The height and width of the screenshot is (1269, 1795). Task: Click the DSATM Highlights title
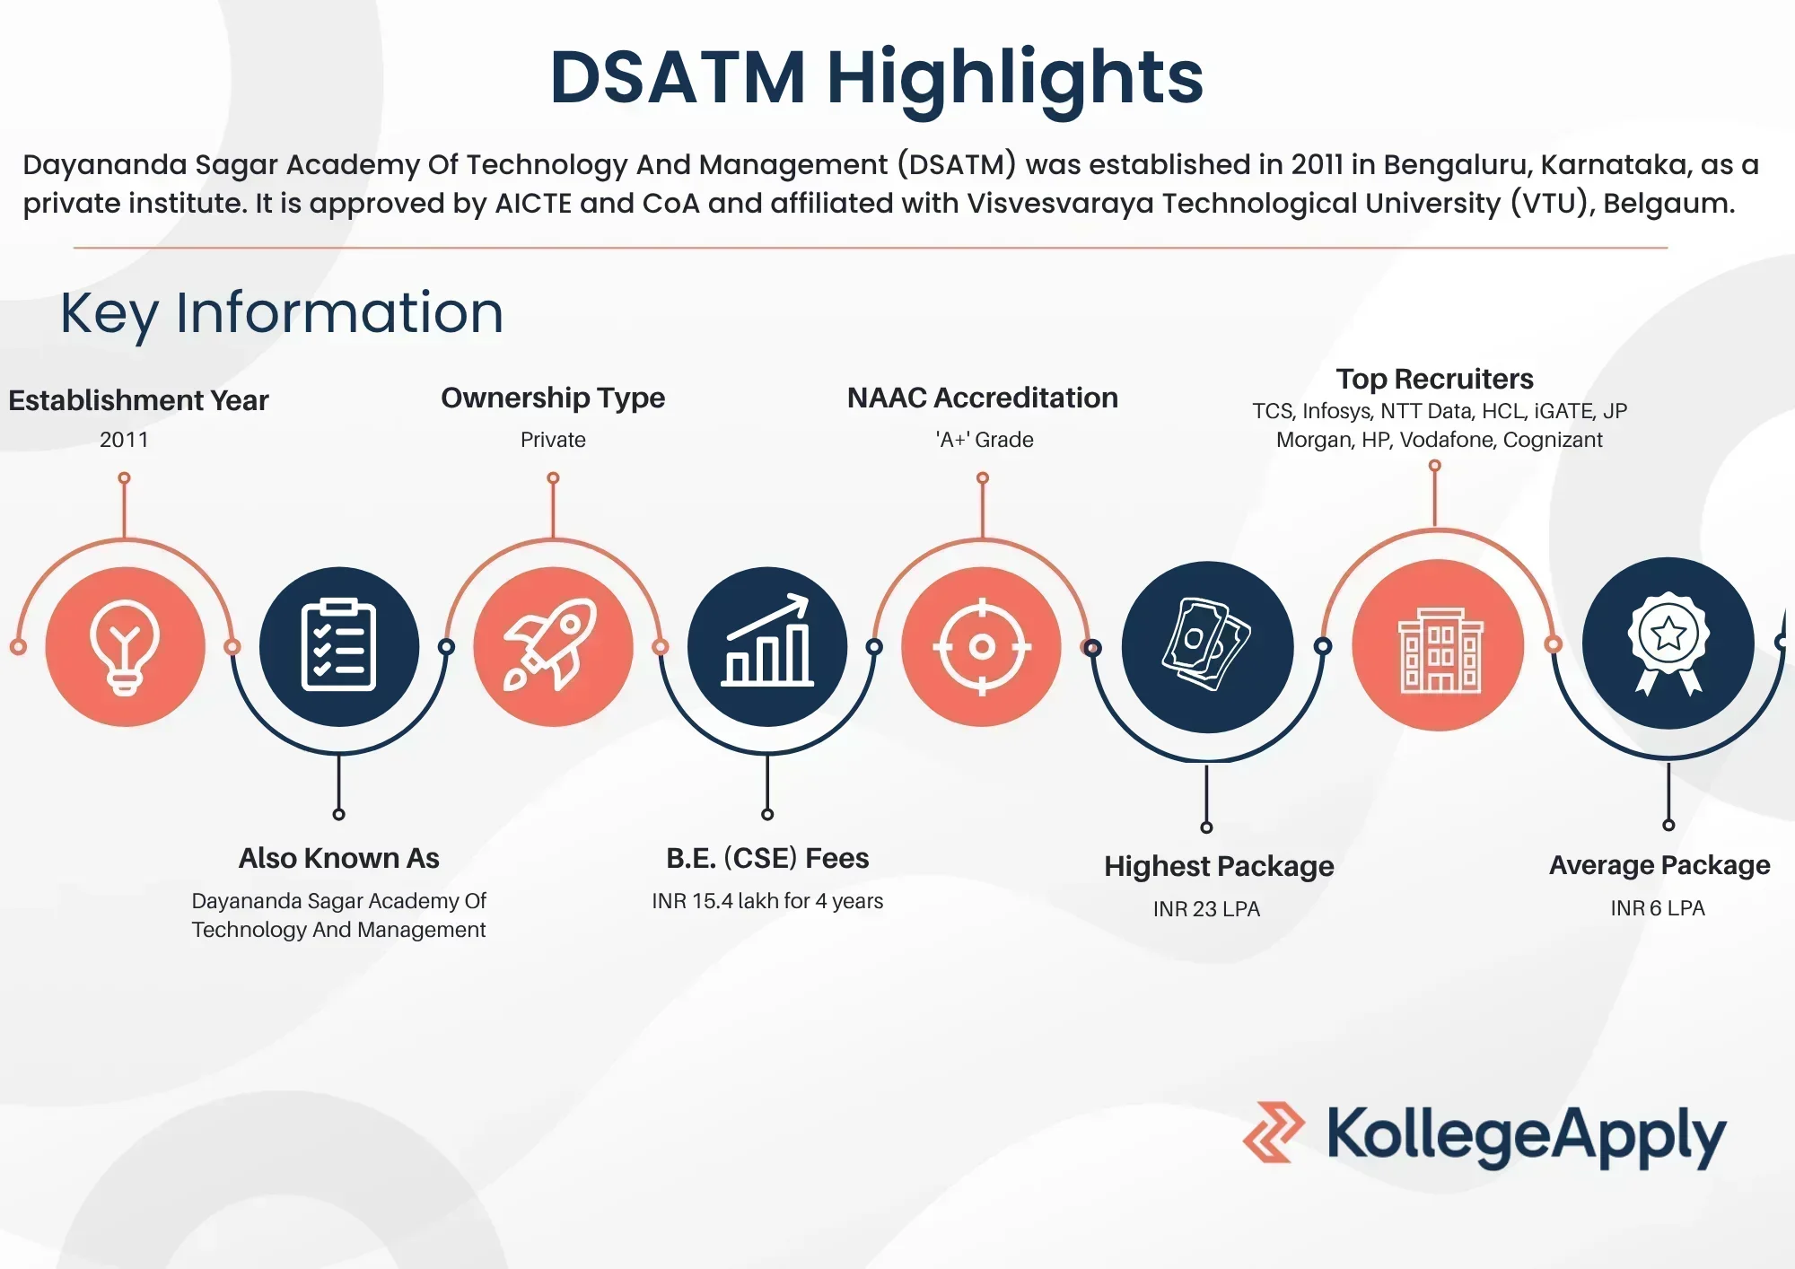point(876,78)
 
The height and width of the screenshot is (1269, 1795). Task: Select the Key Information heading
point(282,312)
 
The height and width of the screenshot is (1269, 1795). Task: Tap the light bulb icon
point(125,646)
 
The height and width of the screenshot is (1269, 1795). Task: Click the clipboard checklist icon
point(338,646)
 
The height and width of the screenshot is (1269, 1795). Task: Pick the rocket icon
point(553,646)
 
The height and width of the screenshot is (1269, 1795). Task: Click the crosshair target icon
point(982,646)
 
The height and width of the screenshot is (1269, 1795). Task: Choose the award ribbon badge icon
point(1668,643)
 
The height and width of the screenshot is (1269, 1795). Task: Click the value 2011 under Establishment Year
point(124,440)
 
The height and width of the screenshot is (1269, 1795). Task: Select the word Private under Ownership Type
point(553,440)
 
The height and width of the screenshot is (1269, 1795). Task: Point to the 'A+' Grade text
point(985,440)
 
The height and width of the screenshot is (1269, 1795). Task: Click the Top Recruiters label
point(1434,379)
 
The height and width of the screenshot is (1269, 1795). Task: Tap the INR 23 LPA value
point(1206,909)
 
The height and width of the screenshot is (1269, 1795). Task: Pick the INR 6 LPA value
point(1658,908)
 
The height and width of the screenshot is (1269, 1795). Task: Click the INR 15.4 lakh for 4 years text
point(767,901)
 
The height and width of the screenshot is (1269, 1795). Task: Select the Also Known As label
point(338,858)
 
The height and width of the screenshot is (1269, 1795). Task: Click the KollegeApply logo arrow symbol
point(1274,1133)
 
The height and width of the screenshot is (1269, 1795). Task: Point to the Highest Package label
point(1219,866)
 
